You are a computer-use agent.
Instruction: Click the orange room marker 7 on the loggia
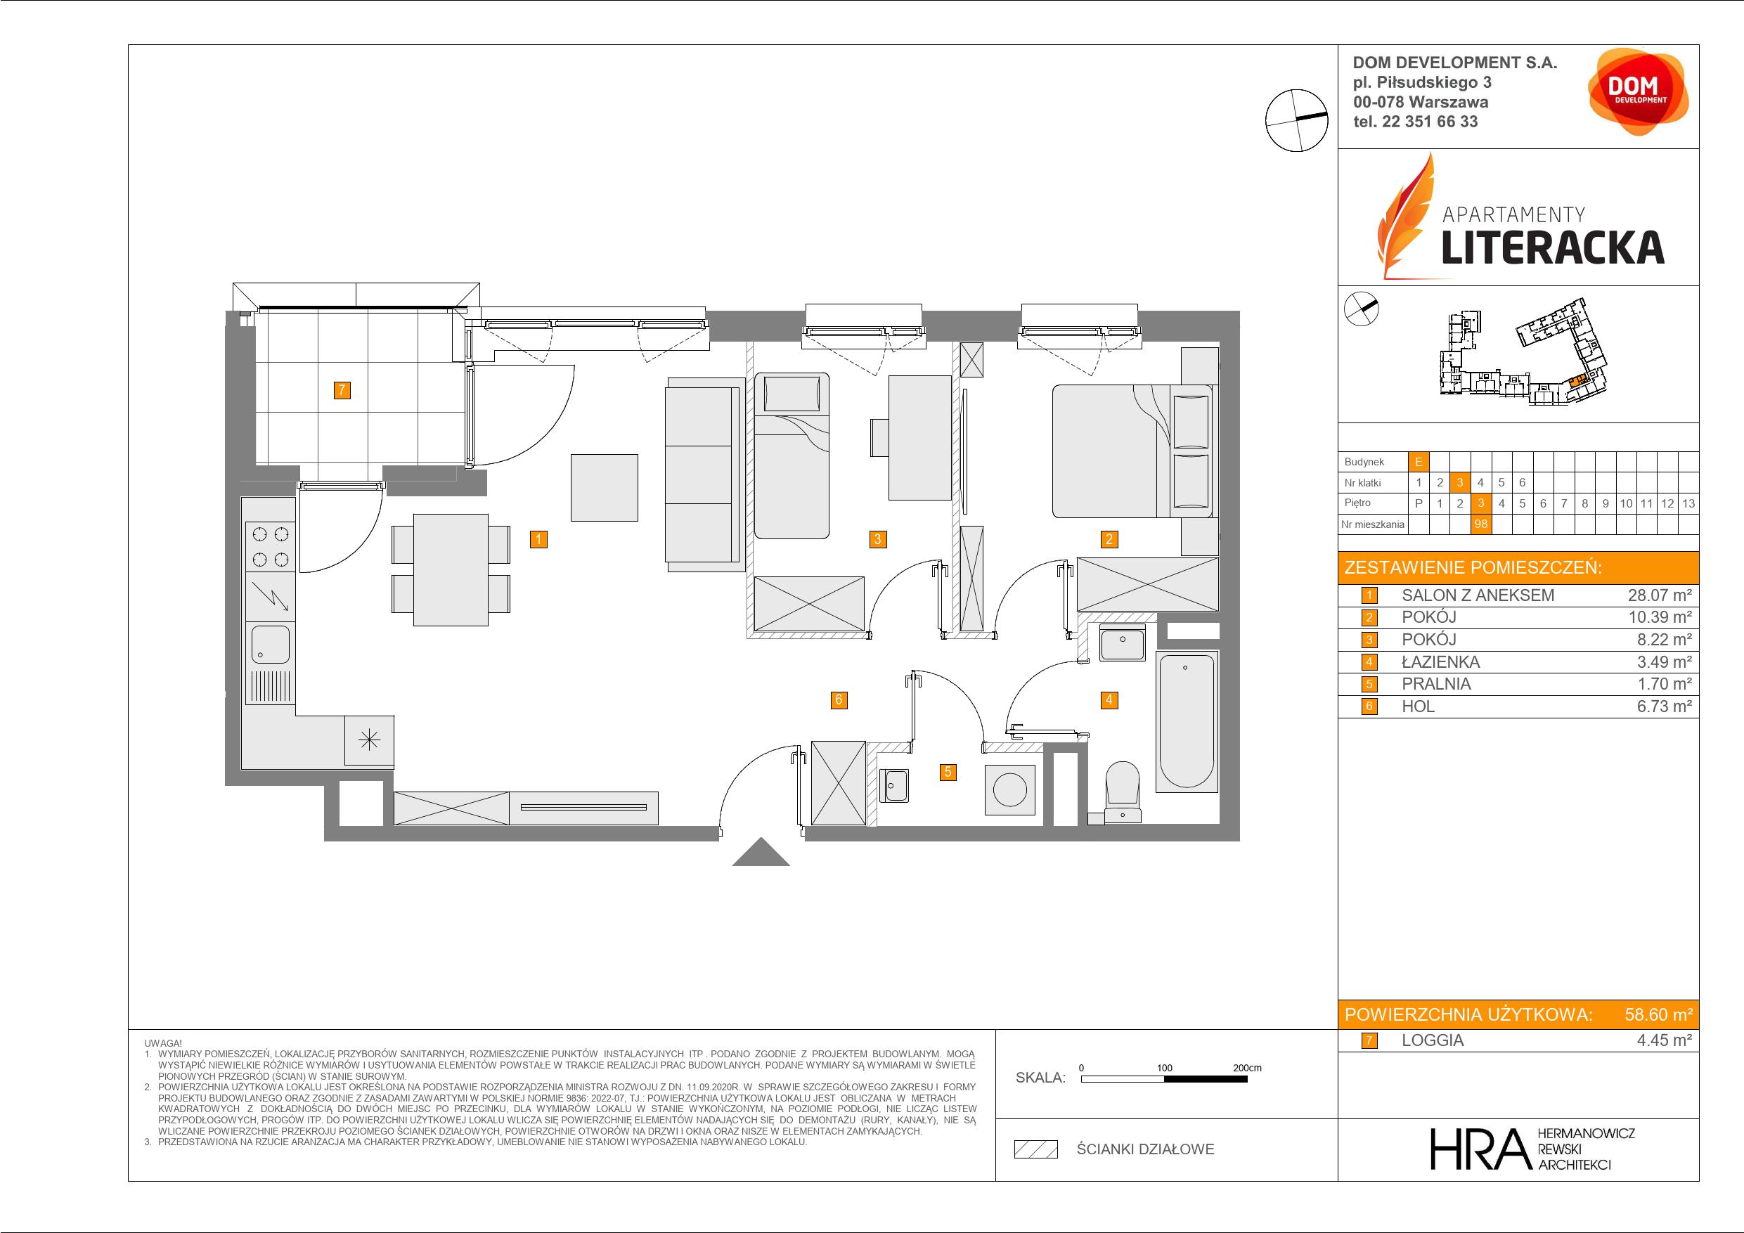pos(342,390)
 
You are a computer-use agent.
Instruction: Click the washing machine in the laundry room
pos(1009,790)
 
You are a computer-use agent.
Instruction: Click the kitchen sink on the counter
pos(270,644)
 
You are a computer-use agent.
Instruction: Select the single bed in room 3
pos(791,456)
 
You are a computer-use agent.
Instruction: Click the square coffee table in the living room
pos(604,488)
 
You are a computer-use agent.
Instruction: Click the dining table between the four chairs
pos(451,570)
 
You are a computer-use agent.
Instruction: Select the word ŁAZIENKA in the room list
pos(1440,661)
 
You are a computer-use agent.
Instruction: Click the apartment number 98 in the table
pos(1480,524)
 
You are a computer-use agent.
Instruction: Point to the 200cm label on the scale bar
pos(1246,1067)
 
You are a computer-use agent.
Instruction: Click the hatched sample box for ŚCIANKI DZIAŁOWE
pos(1036,1149)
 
